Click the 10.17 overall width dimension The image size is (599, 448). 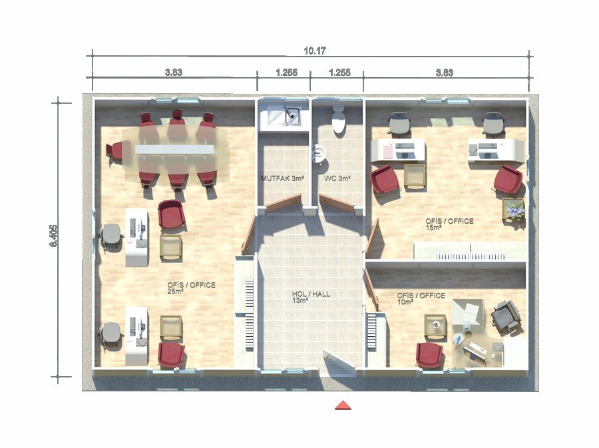pyautogui.click(x=315, y=51)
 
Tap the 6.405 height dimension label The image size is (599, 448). pyautogui.click(x=54, y=235)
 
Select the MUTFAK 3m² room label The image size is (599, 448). pyautogui.click(x=282, y=178)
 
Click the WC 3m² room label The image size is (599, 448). pyautogui.click(x=337, y=178)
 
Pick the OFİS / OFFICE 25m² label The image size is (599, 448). pyautogui.click(x=191, y=288)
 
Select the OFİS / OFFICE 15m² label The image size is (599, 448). pyautogui.click(x=449, y=224)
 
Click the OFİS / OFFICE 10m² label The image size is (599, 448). pyautogui.click(x=421, y=299)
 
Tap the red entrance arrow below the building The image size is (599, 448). pyautogui.click(x=343, y=405)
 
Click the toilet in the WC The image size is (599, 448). pyautogui.click(x=339, y=118)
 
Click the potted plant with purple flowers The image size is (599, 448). pyautogui.click(x=513, y=210)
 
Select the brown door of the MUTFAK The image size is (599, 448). pyautogui.click(x=284, y=203)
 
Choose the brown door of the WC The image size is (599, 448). pyautogui.click(x=337, y=204)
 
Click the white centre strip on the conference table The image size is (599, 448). pyautogui.click(x=174, y=149)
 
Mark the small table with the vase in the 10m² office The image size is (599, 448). pyautogui.click(x=435, y=327)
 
